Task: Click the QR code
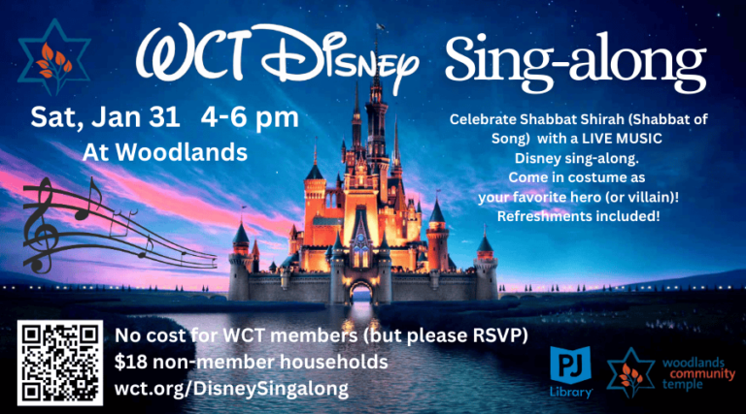tap(60, 363)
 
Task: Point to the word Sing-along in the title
tap(574, 63)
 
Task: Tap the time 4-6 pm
tap(250, 118)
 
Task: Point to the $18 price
tap(131, 362)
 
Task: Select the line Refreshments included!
tap(578, 214)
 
